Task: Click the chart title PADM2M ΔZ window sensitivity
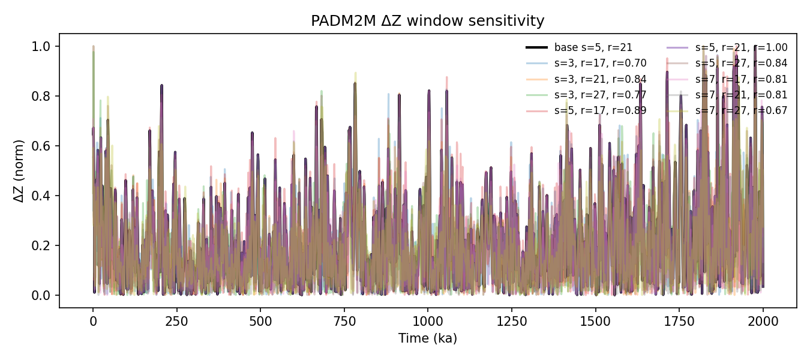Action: pyautogui.click(x=427, y=21)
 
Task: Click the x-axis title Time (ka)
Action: pyautogui.click(x=427, y=338)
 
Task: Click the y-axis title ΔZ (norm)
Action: pyautogui.click(x=19, y=171)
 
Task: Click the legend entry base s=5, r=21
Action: pyautogui.click(x=593, y=48)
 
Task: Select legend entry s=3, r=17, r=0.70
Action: pyautogui.click(x=600, y=64)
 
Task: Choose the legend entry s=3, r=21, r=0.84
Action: pyautogui.click(x=600, y=79)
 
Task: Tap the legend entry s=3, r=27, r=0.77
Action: pyautogui.click(x=600, y=95)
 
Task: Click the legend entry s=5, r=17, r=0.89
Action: pyautogui.click(x=600, y=110)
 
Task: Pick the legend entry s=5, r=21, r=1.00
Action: pyautogui.click(x=741, y=48)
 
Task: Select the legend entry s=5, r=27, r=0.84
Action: pyautogui.click(x=741, y=64)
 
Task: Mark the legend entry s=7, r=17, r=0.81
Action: pyautogui.click(x=741, y=79)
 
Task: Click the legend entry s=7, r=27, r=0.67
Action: pyautogui.click(x=741, y=110)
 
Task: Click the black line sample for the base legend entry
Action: pyautogui.click(x=536, y=48)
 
